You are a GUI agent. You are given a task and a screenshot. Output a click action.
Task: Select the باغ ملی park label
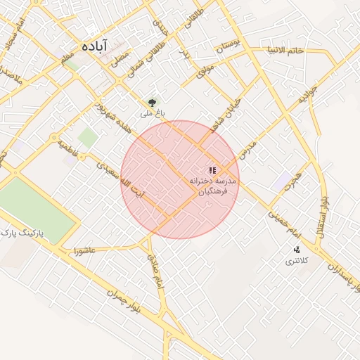pyautogui.click(x=151, y=112)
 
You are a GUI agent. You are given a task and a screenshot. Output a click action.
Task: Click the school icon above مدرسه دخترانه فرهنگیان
pyautogui.click(x=212, y=170)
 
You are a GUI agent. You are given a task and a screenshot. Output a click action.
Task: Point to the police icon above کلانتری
pyautogui.click(x=297, y=250)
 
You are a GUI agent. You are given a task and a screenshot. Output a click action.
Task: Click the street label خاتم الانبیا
pyautogui.click(x=285, y=50)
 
